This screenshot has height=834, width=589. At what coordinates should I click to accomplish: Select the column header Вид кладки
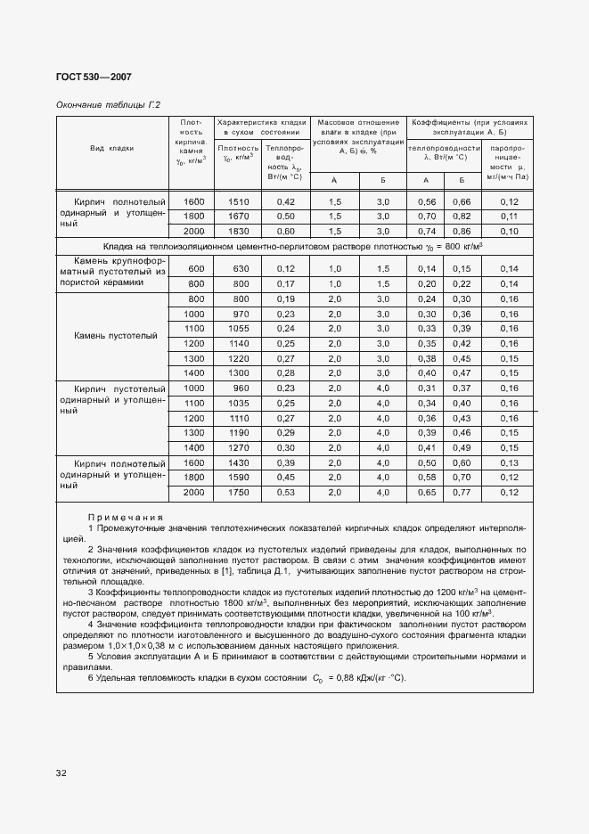(111, 149)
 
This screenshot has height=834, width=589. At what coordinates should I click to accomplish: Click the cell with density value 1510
(239, 201)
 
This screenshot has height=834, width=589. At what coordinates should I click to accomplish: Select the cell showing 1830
(239, 231)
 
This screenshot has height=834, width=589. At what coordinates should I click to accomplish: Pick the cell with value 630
(239, 268)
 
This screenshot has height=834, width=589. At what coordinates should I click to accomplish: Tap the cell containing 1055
(239, 328)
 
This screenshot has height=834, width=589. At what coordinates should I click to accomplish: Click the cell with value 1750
(239, 492)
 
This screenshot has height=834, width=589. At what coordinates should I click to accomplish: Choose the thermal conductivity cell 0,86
(462, 231)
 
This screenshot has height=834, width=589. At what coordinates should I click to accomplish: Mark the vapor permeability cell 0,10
(509, 231)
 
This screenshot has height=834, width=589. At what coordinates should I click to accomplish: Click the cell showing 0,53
(285, 492)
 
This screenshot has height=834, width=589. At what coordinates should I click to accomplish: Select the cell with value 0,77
(462, 492)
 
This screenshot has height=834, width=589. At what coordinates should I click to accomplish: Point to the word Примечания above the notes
(126, 518)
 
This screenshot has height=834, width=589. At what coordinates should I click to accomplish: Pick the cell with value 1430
(239, 462)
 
